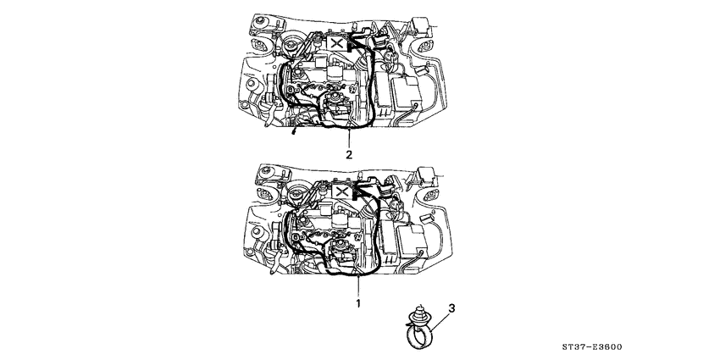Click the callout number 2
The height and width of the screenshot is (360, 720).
click(348, 155)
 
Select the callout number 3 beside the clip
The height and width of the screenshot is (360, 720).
click(451, 310)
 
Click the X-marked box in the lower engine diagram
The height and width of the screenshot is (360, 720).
click(339, 192)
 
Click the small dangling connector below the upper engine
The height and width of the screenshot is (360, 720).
click(293, 132)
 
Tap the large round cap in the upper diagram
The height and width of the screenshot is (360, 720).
click(293, 48)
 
